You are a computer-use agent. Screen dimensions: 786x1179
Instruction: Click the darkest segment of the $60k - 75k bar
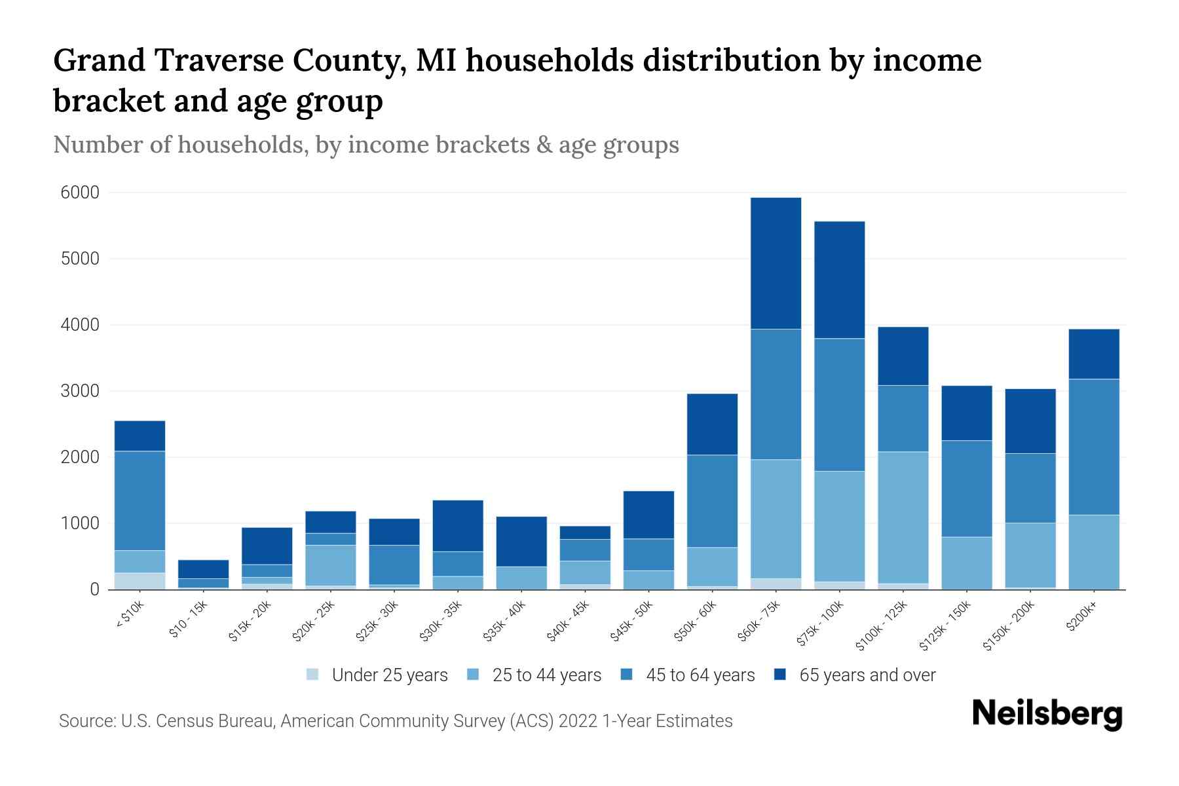click(776, 263)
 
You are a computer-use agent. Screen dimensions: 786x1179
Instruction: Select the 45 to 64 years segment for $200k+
click(1094, 447)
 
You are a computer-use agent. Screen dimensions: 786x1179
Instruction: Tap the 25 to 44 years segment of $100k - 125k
click(903, 517)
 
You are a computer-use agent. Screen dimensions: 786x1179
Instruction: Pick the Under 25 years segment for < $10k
click(140, 581)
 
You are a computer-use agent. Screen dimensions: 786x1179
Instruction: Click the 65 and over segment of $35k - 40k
click(521, 541)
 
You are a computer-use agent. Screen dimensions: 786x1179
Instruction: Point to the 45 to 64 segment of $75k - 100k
click(839, 405)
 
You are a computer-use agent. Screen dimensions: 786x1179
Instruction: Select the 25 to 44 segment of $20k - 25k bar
click(330, 565)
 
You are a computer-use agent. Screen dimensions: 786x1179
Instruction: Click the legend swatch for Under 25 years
click(313, 675)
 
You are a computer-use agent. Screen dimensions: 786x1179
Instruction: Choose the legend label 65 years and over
click(867, 675)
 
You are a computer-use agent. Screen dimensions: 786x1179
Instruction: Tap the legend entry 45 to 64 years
click(700, 675)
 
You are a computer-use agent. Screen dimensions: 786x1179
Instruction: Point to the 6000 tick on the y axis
click(80, 193)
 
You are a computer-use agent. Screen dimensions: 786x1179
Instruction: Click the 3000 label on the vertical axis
click(80, 391)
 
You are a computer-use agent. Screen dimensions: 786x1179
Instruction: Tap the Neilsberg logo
click(1047, 714)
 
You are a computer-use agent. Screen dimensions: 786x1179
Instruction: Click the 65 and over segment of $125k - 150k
click(967, 413)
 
